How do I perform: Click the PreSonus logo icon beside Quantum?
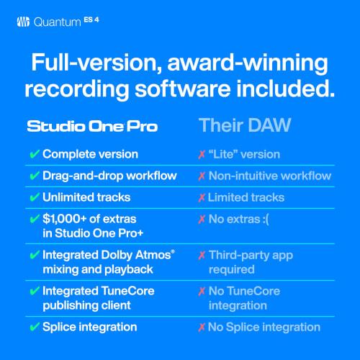tap(22, 21)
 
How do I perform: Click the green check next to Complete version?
tap(34, 154)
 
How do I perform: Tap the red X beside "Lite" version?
tap(202, 154)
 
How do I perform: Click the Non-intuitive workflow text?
tap(270, 176)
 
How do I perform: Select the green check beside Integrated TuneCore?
tap(34, 290)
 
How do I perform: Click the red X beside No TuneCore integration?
tap(202, 290)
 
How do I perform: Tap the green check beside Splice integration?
tap(34, 327)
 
